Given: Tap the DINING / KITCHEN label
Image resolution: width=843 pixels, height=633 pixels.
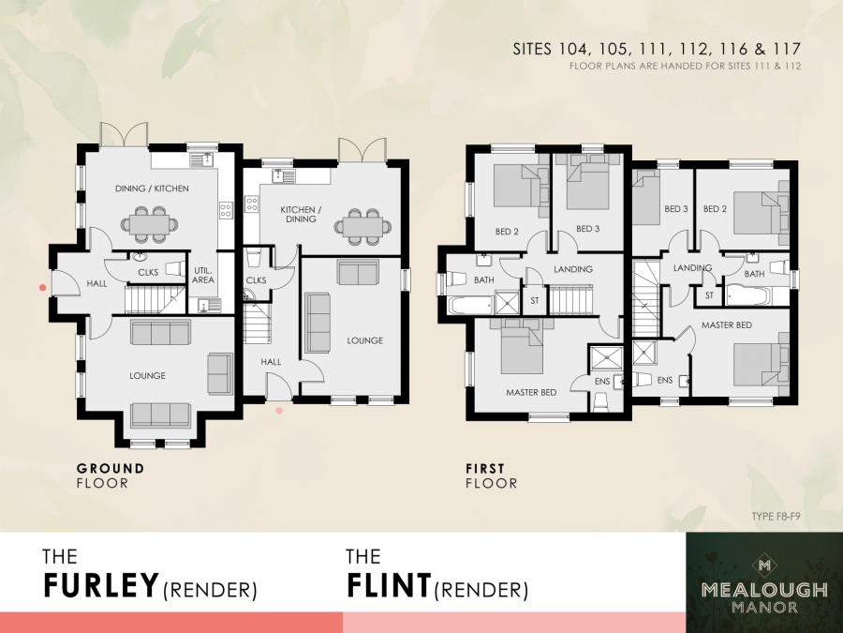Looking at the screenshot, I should (152, 188).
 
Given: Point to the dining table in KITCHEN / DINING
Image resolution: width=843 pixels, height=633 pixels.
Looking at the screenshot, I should (361, 225).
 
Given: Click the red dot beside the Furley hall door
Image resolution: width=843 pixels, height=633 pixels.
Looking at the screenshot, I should (42, 287).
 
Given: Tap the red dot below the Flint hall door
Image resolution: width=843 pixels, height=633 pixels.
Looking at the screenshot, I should (278, 410).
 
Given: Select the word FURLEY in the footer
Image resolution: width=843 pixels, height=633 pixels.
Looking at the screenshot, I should (100, 585).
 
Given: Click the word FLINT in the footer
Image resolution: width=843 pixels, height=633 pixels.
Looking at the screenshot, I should (388, 585).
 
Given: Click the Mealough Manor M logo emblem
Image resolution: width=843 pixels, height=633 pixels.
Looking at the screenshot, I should (764, 565).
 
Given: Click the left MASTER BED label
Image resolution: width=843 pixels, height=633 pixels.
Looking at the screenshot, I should (532, 393).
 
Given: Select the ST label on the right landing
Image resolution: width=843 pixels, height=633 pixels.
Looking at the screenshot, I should (709, 295).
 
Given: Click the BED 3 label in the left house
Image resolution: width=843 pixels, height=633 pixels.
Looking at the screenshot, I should (587, 229).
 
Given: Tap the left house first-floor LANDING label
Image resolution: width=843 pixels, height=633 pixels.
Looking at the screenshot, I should (573, 269).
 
